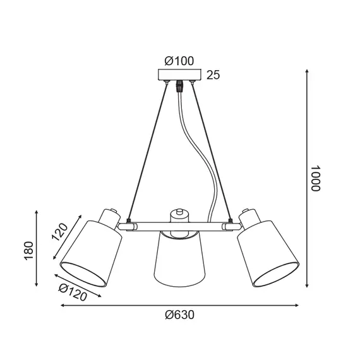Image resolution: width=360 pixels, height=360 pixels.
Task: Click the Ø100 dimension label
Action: pos(179,61)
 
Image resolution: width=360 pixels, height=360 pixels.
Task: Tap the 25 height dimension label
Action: pos(213,76)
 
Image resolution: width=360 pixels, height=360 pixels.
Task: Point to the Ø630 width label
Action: pos(180,315)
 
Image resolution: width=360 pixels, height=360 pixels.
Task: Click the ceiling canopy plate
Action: pos(179,75)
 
